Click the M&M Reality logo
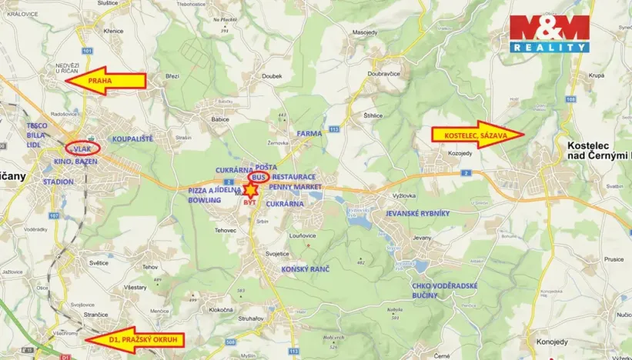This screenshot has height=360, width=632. point(549,33)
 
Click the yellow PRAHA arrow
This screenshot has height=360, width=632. point(104,81)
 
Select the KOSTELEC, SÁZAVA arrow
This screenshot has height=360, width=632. point(478,134)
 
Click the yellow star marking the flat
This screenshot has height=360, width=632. point(251,189)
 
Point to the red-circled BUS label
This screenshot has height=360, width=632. point(258,178)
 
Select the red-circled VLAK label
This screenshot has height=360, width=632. point(83,148)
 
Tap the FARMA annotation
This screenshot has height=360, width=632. point(309,133)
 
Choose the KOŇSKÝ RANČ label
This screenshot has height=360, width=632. point(306,268)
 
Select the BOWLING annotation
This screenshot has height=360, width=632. point(204,199)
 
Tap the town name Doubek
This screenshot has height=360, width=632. point(272,76)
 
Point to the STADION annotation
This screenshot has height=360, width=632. point(59,182)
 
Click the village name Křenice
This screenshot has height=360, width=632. point(113,31)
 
